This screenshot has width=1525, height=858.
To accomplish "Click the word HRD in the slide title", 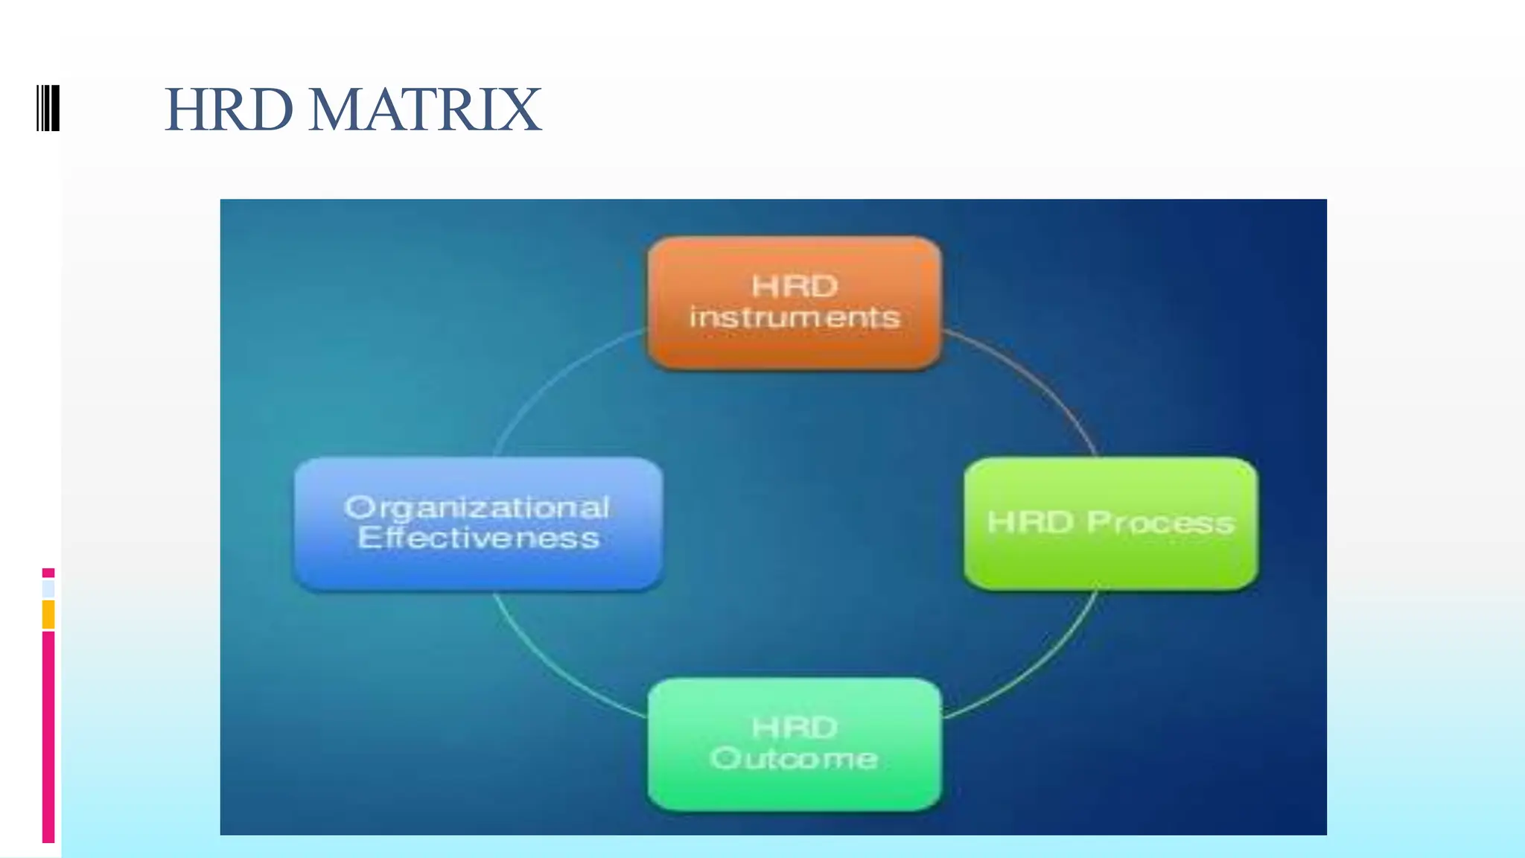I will click(x=229, y=110).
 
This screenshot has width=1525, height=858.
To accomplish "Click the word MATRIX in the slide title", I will click(x=424, y=110).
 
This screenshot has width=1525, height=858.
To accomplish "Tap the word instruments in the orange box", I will click(x=795, y=318).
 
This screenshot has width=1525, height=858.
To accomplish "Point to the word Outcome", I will click(x=794, y=759).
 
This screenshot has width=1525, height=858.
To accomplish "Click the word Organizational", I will click(x=477, y=508).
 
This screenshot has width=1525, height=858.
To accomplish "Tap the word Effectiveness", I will click(x=478, y=538).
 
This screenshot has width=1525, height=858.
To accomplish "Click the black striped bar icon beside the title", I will click(x=48, y=109).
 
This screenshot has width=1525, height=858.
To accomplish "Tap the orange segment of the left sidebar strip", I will click(x=48, y=614).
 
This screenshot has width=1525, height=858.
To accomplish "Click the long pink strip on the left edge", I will click(x=48, y=737).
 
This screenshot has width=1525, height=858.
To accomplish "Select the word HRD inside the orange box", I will click(x=795, y=287).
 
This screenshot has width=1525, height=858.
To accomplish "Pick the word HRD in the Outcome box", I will click(x=795, y=728).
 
